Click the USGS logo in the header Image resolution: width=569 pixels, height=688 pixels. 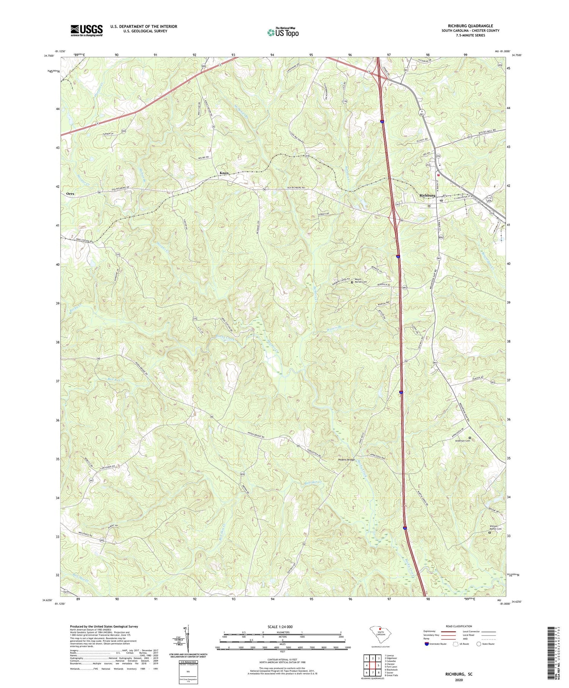[86, 30]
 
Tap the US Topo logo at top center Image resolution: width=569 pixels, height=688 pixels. [283, 33]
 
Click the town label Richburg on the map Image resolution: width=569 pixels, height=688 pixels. [427, 195]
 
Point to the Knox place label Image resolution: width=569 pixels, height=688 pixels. [224, 173]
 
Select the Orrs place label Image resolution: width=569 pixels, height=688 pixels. [70, 194]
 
